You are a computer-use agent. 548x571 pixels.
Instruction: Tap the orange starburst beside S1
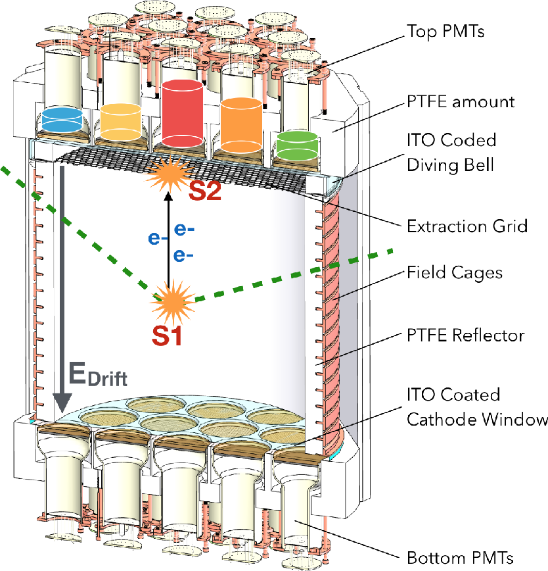tap(173, 301)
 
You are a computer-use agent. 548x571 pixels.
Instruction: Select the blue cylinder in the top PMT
tap(61, 120)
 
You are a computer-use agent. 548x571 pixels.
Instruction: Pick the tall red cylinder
tap(185, 112)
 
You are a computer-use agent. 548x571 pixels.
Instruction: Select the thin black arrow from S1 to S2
tap(168, 237)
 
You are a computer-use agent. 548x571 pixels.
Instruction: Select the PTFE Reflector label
tap(466, 335)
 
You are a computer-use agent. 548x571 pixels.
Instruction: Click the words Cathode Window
tap(478, 418)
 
